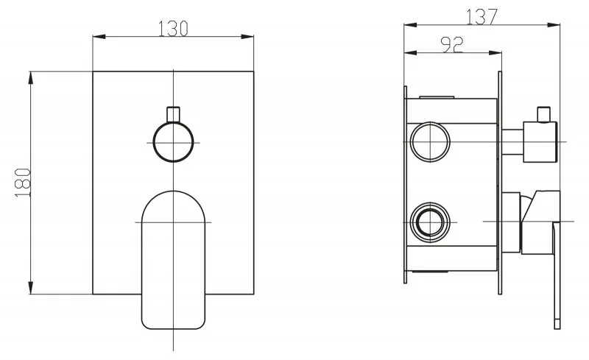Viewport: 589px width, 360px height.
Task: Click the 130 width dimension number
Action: tap(173, 29)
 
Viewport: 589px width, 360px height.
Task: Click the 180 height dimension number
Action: tap(23, 183)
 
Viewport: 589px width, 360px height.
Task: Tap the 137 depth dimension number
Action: tap(482, 16)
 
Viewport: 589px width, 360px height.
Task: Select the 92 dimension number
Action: tap(452, 45)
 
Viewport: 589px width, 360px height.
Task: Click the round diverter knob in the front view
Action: tap(173, 142)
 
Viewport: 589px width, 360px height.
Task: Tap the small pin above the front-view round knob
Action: tap(173, 115)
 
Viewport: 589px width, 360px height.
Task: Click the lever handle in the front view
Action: tap(173, 260)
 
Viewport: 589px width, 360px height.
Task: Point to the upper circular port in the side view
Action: tap(430, 142)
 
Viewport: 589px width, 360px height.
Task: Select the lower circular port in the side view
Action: tap(430, 222)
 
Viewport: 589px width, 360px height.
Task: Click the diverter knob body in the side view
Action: tap(540, 142)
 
